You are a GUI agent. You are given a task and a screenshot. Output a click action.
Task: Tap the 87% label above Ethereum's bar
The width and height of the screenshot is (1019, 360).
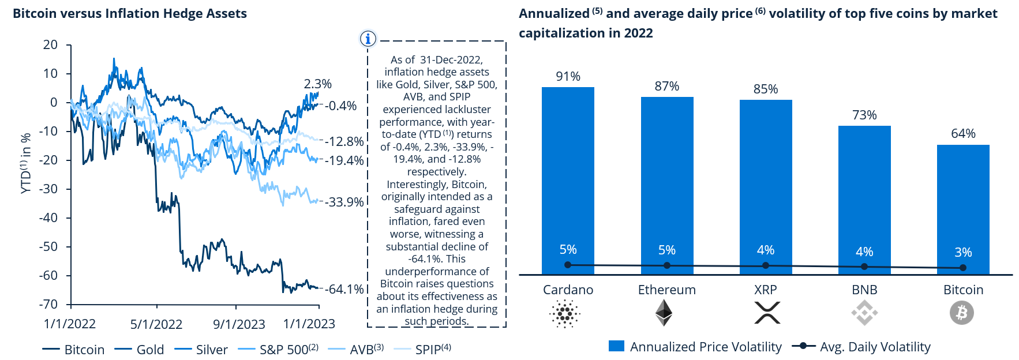click(666, 87)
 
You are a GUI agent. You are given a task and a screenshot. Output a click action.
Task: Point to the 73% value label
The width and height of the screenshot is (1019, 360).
click(864, 115)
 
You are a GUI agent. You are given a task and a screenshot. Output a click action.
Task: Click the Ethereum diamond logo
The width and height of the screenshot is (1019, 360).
click(664, 313)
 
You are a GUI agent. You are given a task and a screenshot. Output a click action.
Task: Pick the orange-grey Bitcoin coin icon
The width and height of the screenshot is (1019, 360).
click(962, 313)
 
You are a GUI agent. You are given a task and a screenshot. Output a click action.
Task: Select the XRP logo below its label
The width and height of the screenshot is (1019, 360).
click(767, 313)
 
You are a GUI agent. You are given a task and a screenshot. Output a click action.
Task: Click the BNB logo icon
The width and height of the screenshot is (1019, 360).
click(864, 313)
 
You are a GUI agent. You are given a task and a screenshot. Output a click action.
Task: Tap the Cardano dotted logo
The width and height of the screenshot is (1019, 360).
click(565, 313)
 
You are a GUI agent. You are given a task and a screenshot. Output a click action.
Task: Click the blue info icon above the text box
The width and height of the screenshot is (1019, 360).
click(368, 39)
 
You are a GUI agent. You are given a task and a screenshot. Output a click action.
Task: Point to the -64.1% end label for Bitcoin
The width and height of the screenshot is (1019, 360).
click(346, 289)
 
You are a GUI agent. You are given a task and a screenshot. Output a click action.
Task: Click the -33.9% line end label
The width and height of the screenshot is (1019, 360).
click(346, 202)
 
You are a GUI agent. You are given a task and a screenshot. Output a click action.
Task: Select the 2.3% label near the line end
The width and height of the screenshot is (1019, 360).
click(318, 84)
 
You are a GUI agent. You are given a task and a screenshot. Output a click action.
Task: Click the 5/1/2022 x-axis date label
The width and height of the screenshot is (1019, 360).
click(156, 324)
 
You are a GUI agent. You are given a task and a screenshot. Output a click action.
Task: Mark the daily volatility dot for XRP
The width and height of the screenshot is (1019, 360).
click(766, 265)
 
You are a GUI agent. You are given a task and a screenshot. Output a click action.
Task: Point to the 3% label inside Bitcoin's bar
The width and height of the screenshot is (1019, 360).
click(963, 252)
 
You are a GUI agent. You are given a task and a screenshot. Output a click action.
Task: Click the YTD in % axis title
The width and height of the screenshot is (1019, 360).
click(25, 163)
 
